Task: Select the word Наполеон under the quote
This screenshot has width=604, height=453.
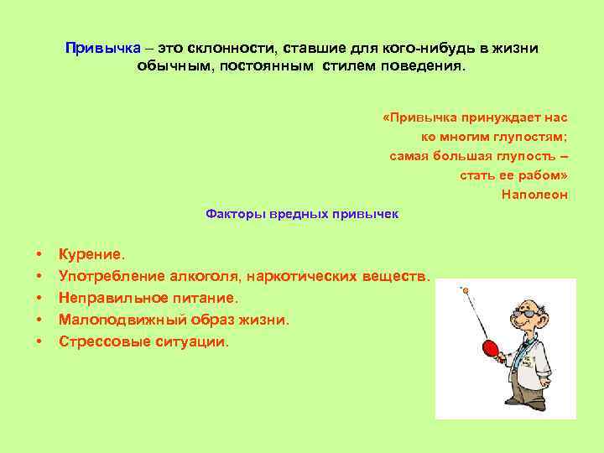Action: (534, 195)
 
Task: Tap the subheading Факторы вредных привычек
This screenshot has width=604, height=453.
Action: (302, 214)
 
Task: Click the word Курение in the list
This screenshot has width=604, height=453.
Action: (90, 253)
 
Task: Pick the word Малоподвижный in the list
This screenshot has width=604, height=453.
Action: (115, 320)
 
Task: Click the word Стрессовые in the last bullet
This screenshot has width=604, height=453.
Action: (96, 342)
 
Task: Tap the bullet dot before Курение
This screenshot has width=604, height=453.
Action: (39, 253)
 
